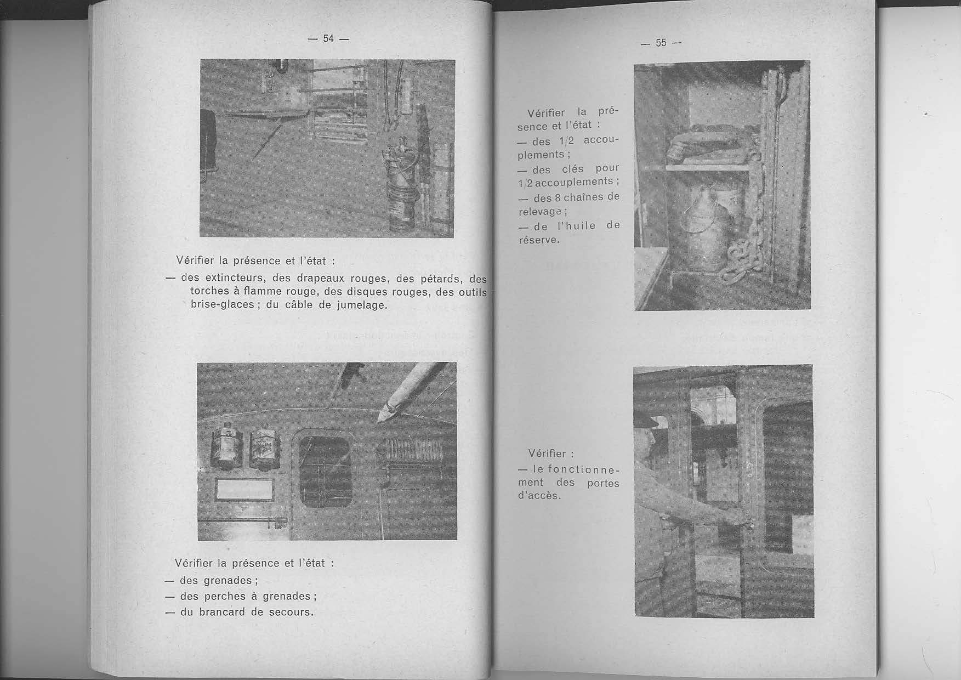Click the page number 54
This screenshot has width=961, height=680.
pyautogui.click(x=328, y=38)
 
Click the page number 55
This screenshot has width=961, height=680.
pyautogui.click(x=661, y=43)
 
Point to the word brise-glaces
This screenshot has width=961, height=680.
pyautogui.click(x=223, y=305)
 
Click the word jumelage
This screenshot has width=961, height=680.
pyautogui.click(x=363, y=305)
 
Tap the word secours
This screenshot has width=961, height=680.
pyautogui.click(x=291, y=611)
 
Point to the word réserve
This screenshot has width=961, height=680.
pyautogui.click(x=539, y=240)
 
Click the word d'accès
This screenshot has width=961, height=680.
pyautogui.click(x=539, y=496)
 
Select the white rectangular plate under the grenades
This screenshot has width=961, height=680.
pyautogui.click(x=245, y=490)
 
